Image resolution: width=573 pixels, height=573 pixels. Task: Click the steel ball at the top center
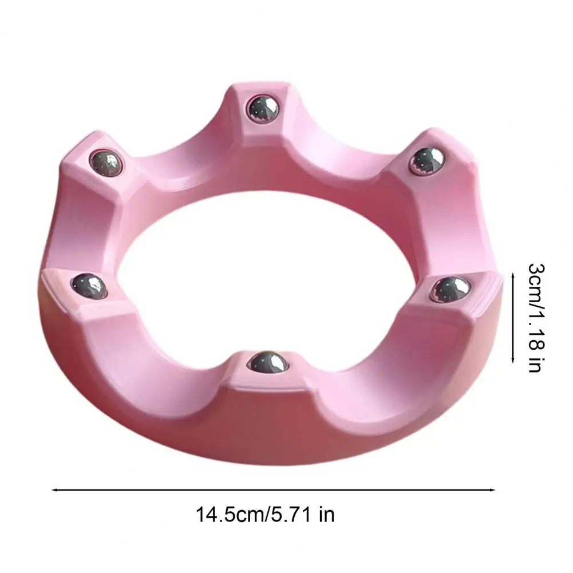(263, 109)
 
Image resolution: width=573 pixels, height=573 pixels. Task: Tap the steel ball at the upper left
(106, 163)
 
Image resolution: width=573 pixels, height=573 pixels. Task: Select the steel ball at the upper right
(426, 161)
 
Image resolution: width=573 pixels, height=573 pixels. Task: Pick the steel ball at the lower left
(89, 286)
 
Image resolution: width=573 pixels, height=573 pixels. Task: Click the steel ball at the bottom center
(268, 361)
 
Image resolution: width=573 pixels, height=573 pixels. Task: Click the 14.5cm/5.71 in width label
(265, 515)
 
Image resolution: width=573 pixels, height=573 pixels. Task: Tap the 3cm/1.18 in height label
(536, 317)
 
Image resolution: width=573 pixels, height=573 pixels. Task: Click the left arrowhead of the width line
(55, 489)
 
